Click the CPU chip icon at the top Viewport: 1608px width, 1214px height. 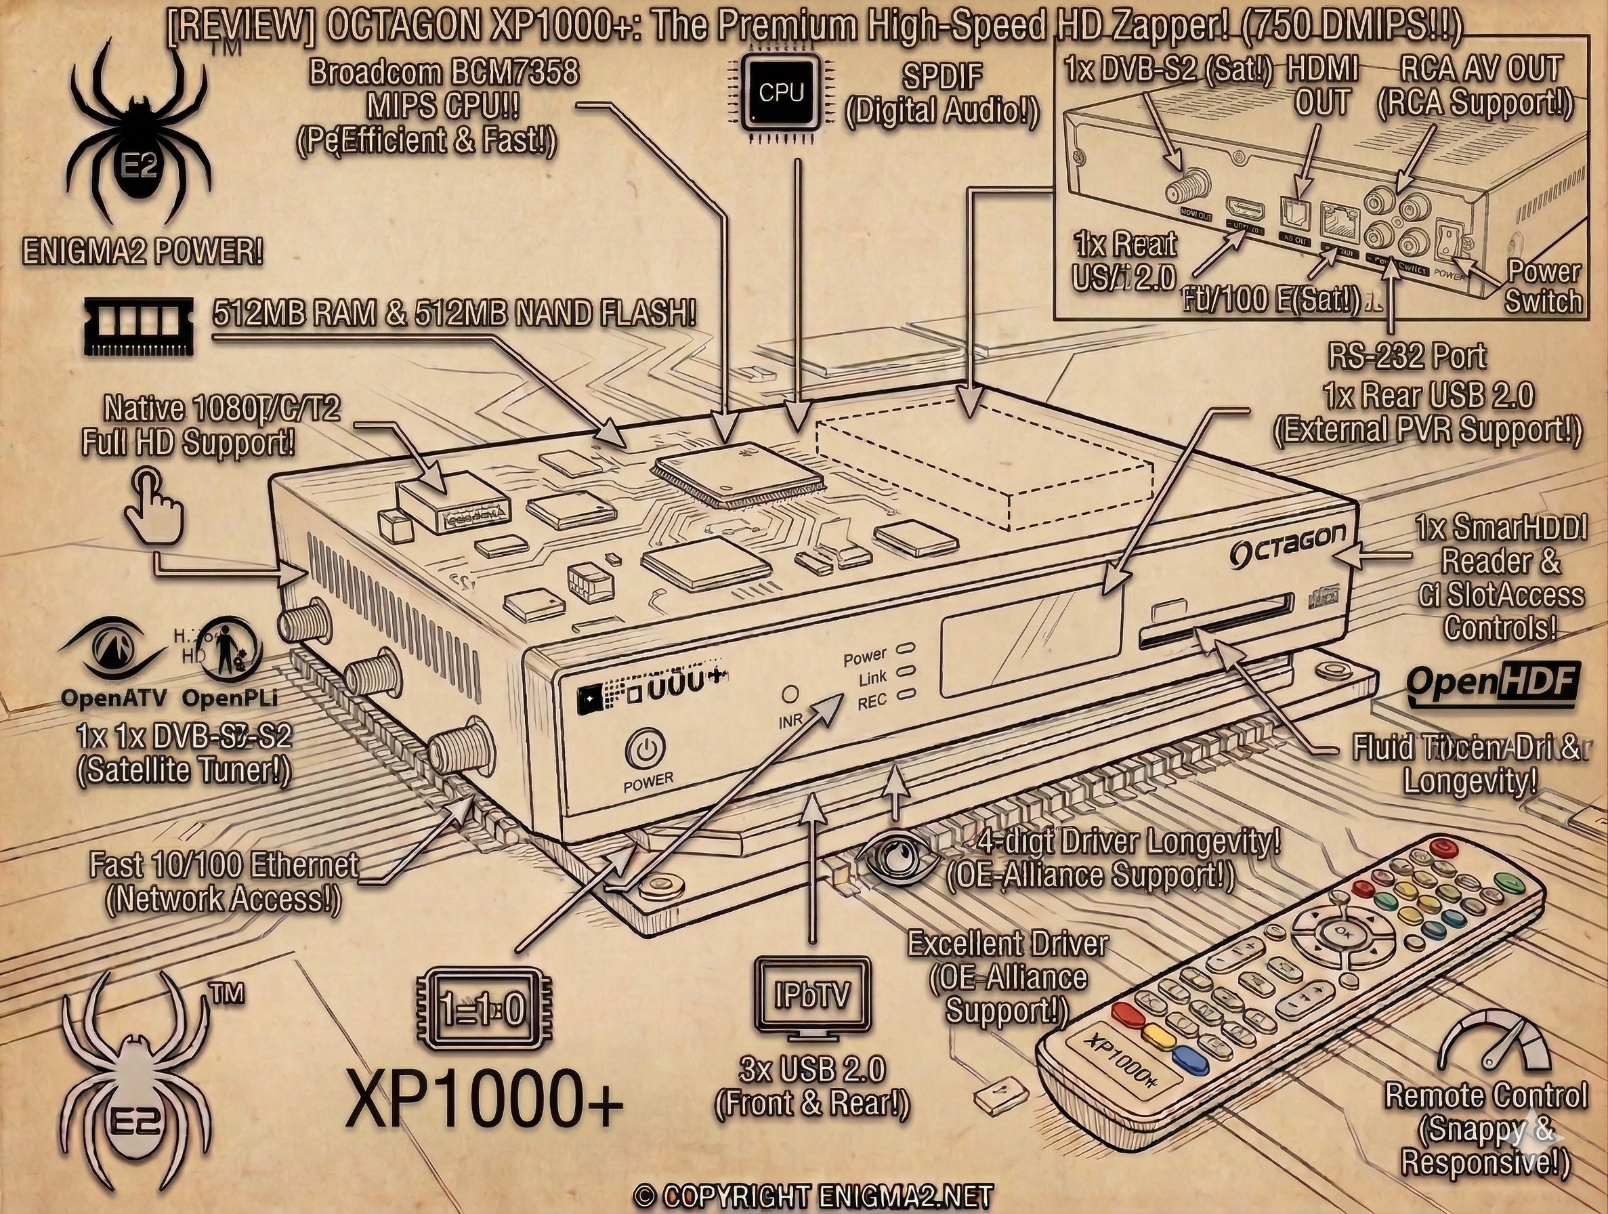pyautogui.click(x=780, y=94)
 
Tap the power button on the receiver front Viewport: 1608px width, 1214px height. pyautogui.click(x=646, y=751)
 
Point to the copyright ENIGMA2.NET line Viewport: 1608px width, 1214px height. pyautogui.click(x=813, y=1196)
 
